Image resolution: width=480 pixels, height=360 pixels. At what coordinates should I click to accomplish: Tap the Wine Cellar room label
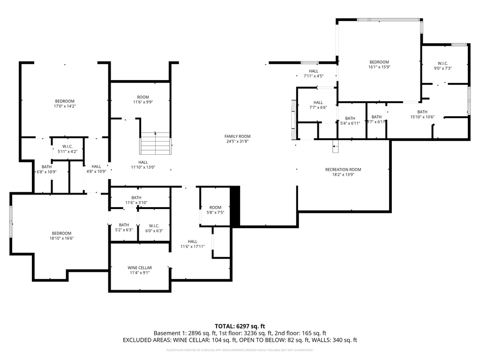[x=140, y=268]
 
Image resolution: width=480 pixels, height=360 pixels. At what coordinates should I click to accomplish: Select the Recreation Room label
[x=343, y=170]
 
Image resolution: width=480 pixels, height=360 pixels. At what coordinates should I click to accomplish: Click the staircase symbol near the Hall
[x=155, y=143]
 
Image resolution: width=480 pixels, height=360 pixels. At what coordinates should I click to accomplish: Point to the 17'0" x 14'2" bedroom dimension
[x=65, y=106]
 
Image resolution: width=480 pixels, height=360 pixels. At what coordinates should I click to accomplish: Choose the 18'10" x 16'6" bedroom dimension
[x=61, y=239]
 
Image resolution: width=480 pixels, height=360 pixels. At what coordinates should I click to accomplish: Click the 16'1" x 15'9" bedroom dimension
[x=379, y=67]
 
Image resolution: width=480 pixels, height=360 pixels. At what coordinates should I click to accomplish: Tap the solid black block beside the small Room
[x=235, y=207]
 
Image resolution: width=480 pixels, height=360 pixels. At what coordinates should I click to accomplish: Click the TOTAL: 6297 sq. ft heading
[x=240, y=326]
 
